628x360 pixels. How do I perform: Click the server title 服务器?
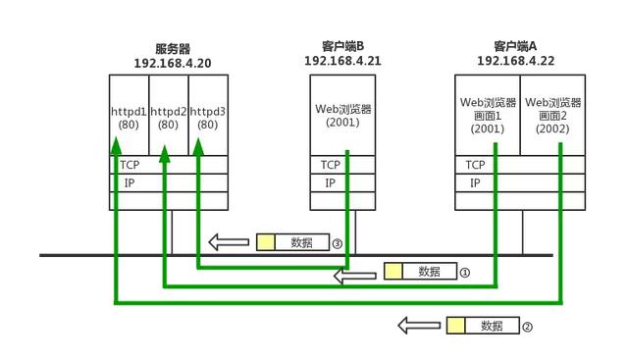173,48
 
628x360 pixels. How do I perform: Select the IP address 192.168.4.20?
173,63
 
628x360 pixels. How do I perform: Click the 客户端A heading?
514,46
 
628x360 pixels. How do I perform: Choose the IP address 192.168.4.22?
514,60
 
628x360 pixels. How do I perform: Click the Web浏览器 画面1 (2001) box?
487,115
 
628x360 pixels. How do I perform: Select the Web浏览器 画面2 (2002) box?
553,115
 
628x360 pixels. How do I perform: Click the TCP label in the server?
129,166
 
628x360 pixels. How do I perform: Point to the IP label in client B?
331,182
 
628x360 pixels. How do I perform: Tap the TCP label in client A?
476,165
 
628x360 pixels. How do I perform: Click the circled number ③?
337,242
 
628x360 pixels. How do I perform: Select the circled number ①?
466,272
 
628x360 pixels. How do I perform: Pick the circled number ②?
527,326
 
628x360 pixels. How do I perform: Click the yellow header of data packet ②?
455,326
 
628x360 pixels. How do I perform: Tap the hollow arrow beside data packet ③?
228,242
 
